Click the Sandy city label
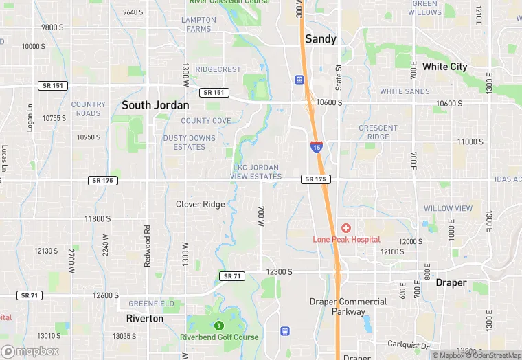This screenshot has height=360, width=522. click(x=321, y=39)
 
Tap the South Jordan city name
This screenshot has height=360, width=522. click(x=155, y=105)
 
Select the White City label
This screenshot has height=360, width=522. click(x=444, y=67)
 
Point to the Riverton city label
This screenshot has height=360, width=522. click(x=145, y=319)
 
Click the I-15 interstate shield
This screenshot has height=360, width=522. click(x=316, y=146)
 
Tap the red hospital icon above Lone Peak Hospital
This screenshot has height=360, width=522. click(x=345, y=227)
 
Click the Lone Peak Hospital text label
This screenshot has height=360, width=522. click(x=346, y=239)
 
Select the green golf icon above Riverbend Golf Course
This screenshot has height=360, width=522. click(x=219, y=325)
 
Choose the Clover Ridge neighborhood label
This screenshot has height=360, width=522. click(x=200, y=204)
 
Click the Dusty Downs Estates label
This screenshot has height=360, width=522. click(x=189, y=143)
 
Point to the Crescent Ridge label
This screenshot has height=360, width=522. click(x=378, y=132)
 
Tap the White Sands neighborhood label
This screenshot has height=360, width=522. click(x=405, y=91)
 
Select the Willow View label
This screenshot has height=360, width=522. click(x=448, y=208)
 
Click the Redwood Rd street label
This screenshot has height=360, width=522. click(x=147, y=247)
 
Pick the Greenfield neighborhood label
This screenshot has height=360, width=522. click(x=151, y=302)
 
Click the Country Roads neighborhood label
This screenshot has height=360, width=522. click(x=89, y=109)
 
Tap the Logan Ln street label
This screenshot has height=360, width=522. click(x=30, y=117)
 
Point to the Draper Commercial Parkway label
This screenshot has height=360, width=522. click(x=348, y=306)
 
